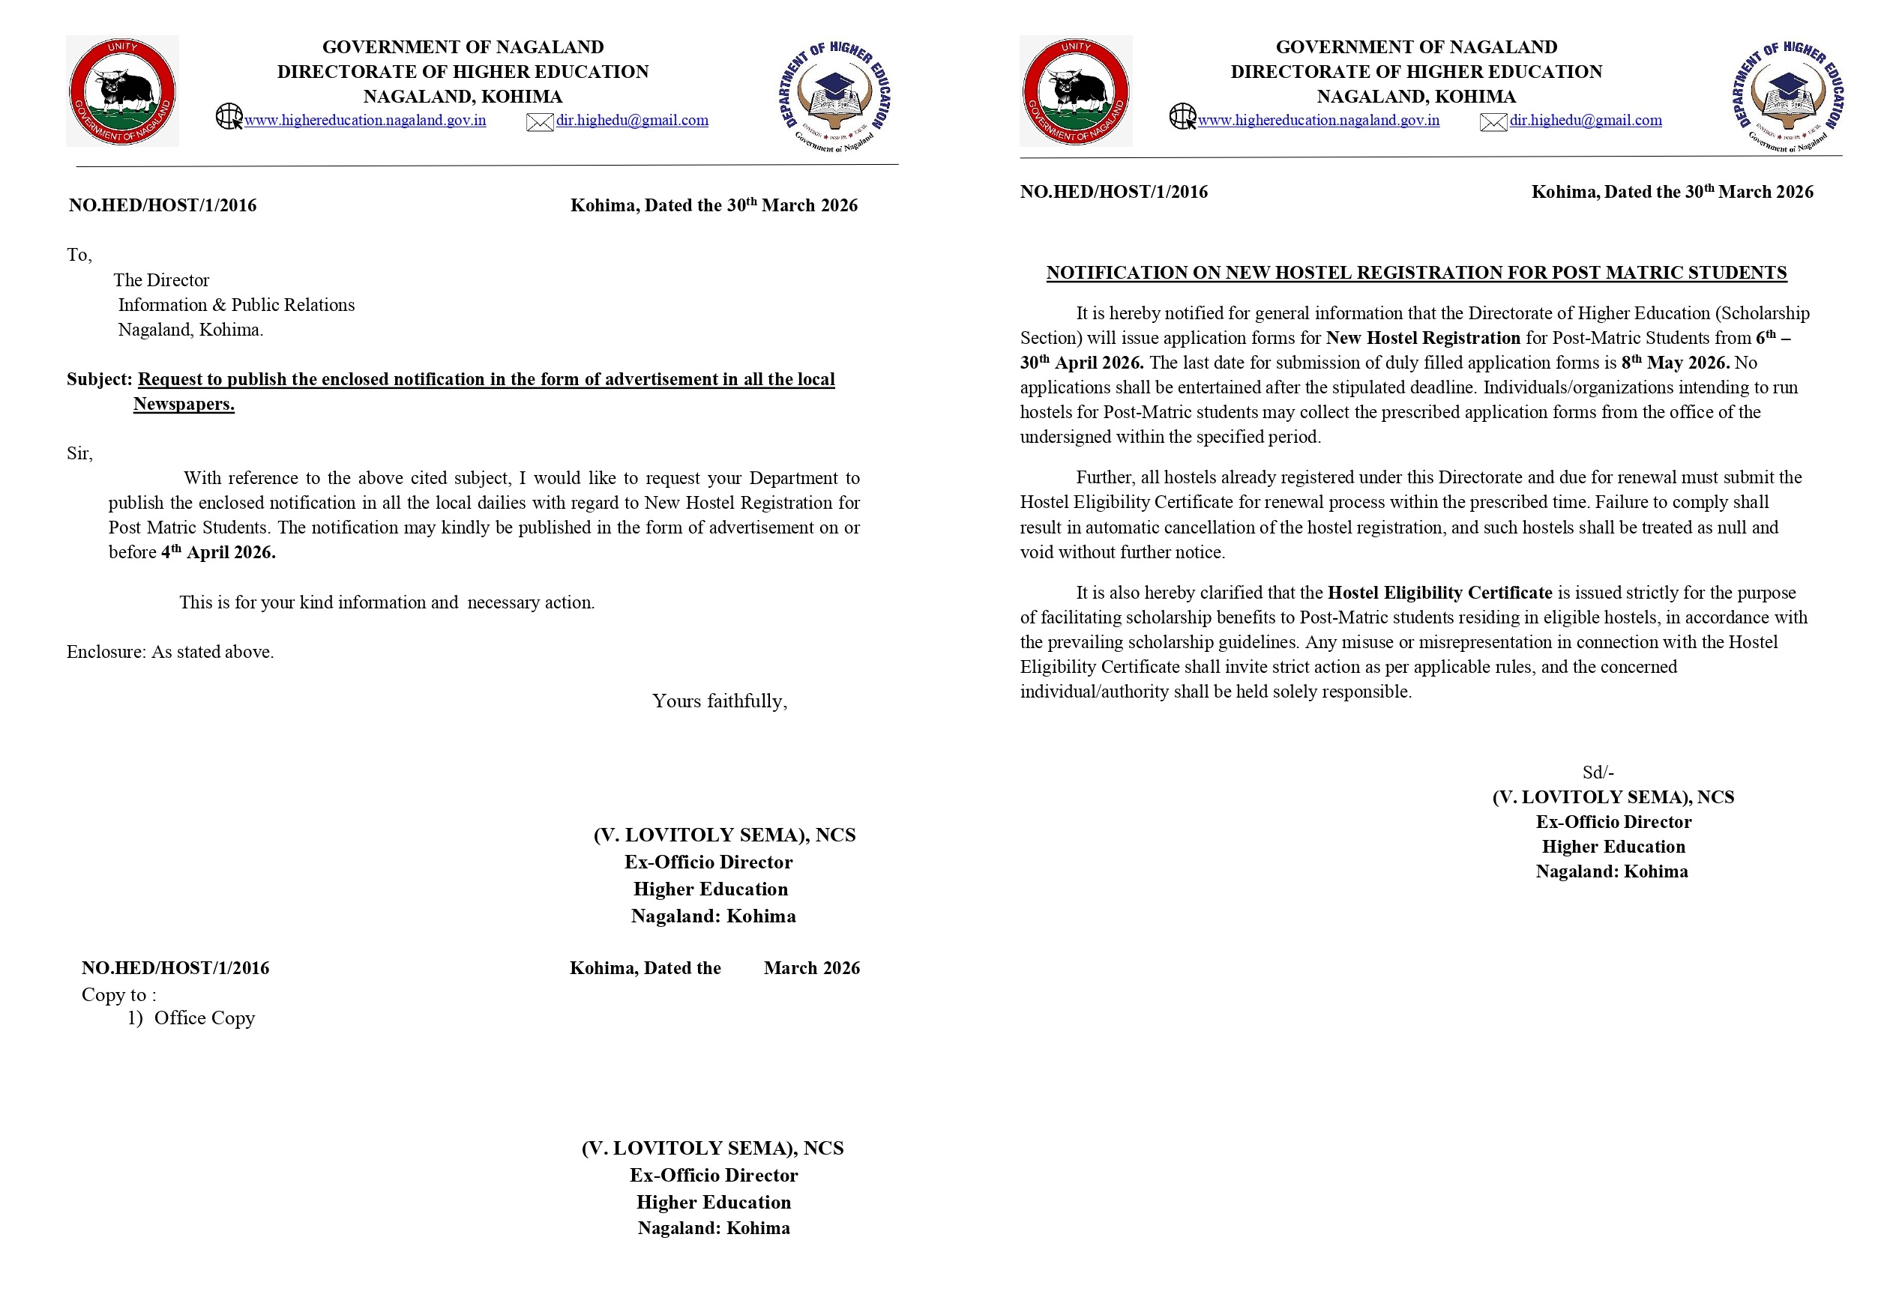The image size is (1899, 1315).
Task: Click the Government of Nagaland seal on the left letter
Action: [122, 91]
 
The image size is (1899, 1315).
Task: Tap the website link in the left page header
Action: [364, 121]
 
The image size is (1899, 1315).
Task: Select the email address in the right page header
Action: [1585, 121]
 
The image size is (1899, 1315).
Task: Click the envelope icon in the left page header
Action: [539, 123]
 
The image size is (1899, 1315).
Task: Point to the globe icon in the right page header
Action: [1182, 116]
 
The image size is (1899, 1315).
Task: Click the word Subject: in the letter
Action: [99, 380]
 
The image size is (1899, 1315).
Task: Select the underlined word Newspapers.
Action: [184, 405]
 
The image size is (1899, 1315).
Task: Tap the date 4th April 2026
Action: [218, 553]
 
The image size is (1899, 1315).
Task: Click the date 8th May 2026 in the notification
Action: [1675, 363]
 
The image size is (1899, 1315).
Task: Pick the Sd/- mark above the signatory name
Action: [1598, 773]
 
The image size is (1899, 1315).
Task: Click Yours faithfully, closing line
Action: [719, 701]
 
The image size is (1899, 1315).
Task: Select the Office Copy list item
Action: [204, 1018]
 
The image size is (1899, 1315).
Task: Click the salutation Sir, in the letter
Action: [80, 454]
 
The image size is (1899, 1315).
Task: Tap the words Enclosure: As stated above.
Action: [169, 652]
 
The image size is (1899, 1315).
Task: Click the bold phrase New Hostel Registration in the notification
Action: [1423, 339]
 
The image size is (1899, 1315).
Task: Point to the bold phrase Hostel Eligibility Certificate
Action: [1439, 593]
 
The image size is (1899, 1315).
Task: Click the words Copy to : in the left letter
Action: [118, 995]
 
